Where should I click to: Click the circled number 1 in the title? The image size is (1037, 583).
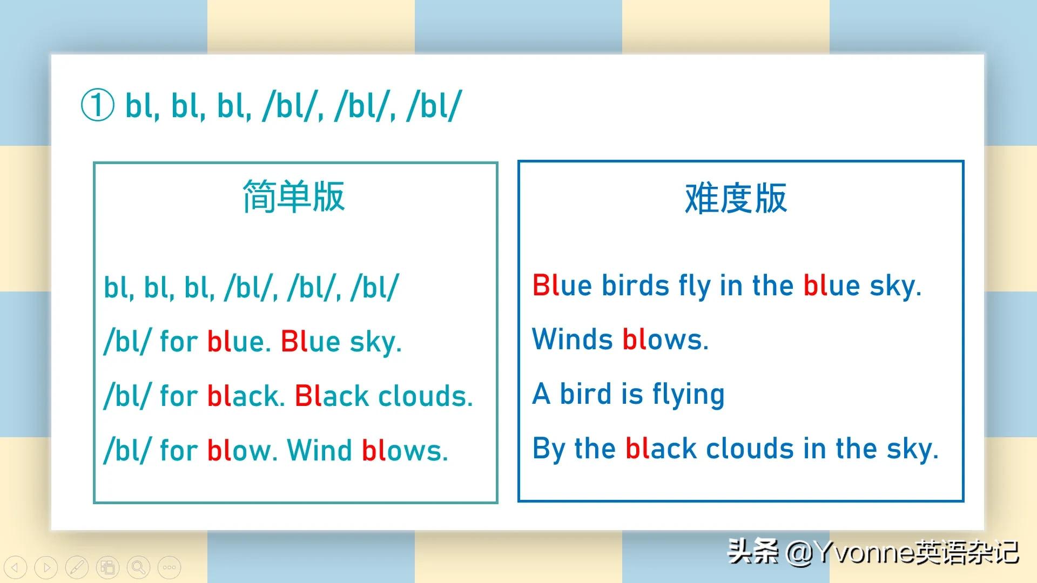click(x=98, y=105)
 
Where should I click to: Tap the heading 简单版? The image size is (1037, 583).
click(x=294, y=196)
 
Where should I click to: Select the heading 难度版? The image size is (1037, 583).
click(x=736, y=198)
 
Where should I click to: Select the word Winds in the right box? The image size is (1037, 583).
click(x=573, y=339)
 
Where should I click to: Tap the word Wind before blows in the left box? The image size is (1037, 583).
click(x=319, y=450)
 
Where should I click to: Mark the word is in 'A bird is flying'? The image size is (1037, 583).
click(x=632, y=394)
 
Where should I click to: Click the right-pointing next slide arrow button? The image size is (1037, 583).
click(x=46, y=567)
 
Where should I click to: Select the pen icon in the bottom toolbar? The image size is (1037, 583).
click(x=77, y=567)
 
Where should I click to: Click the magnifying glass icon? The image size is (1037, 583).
click(x=139, y=567)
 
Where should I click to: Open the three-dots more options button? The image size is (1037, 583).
click(x=170, y=567)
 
